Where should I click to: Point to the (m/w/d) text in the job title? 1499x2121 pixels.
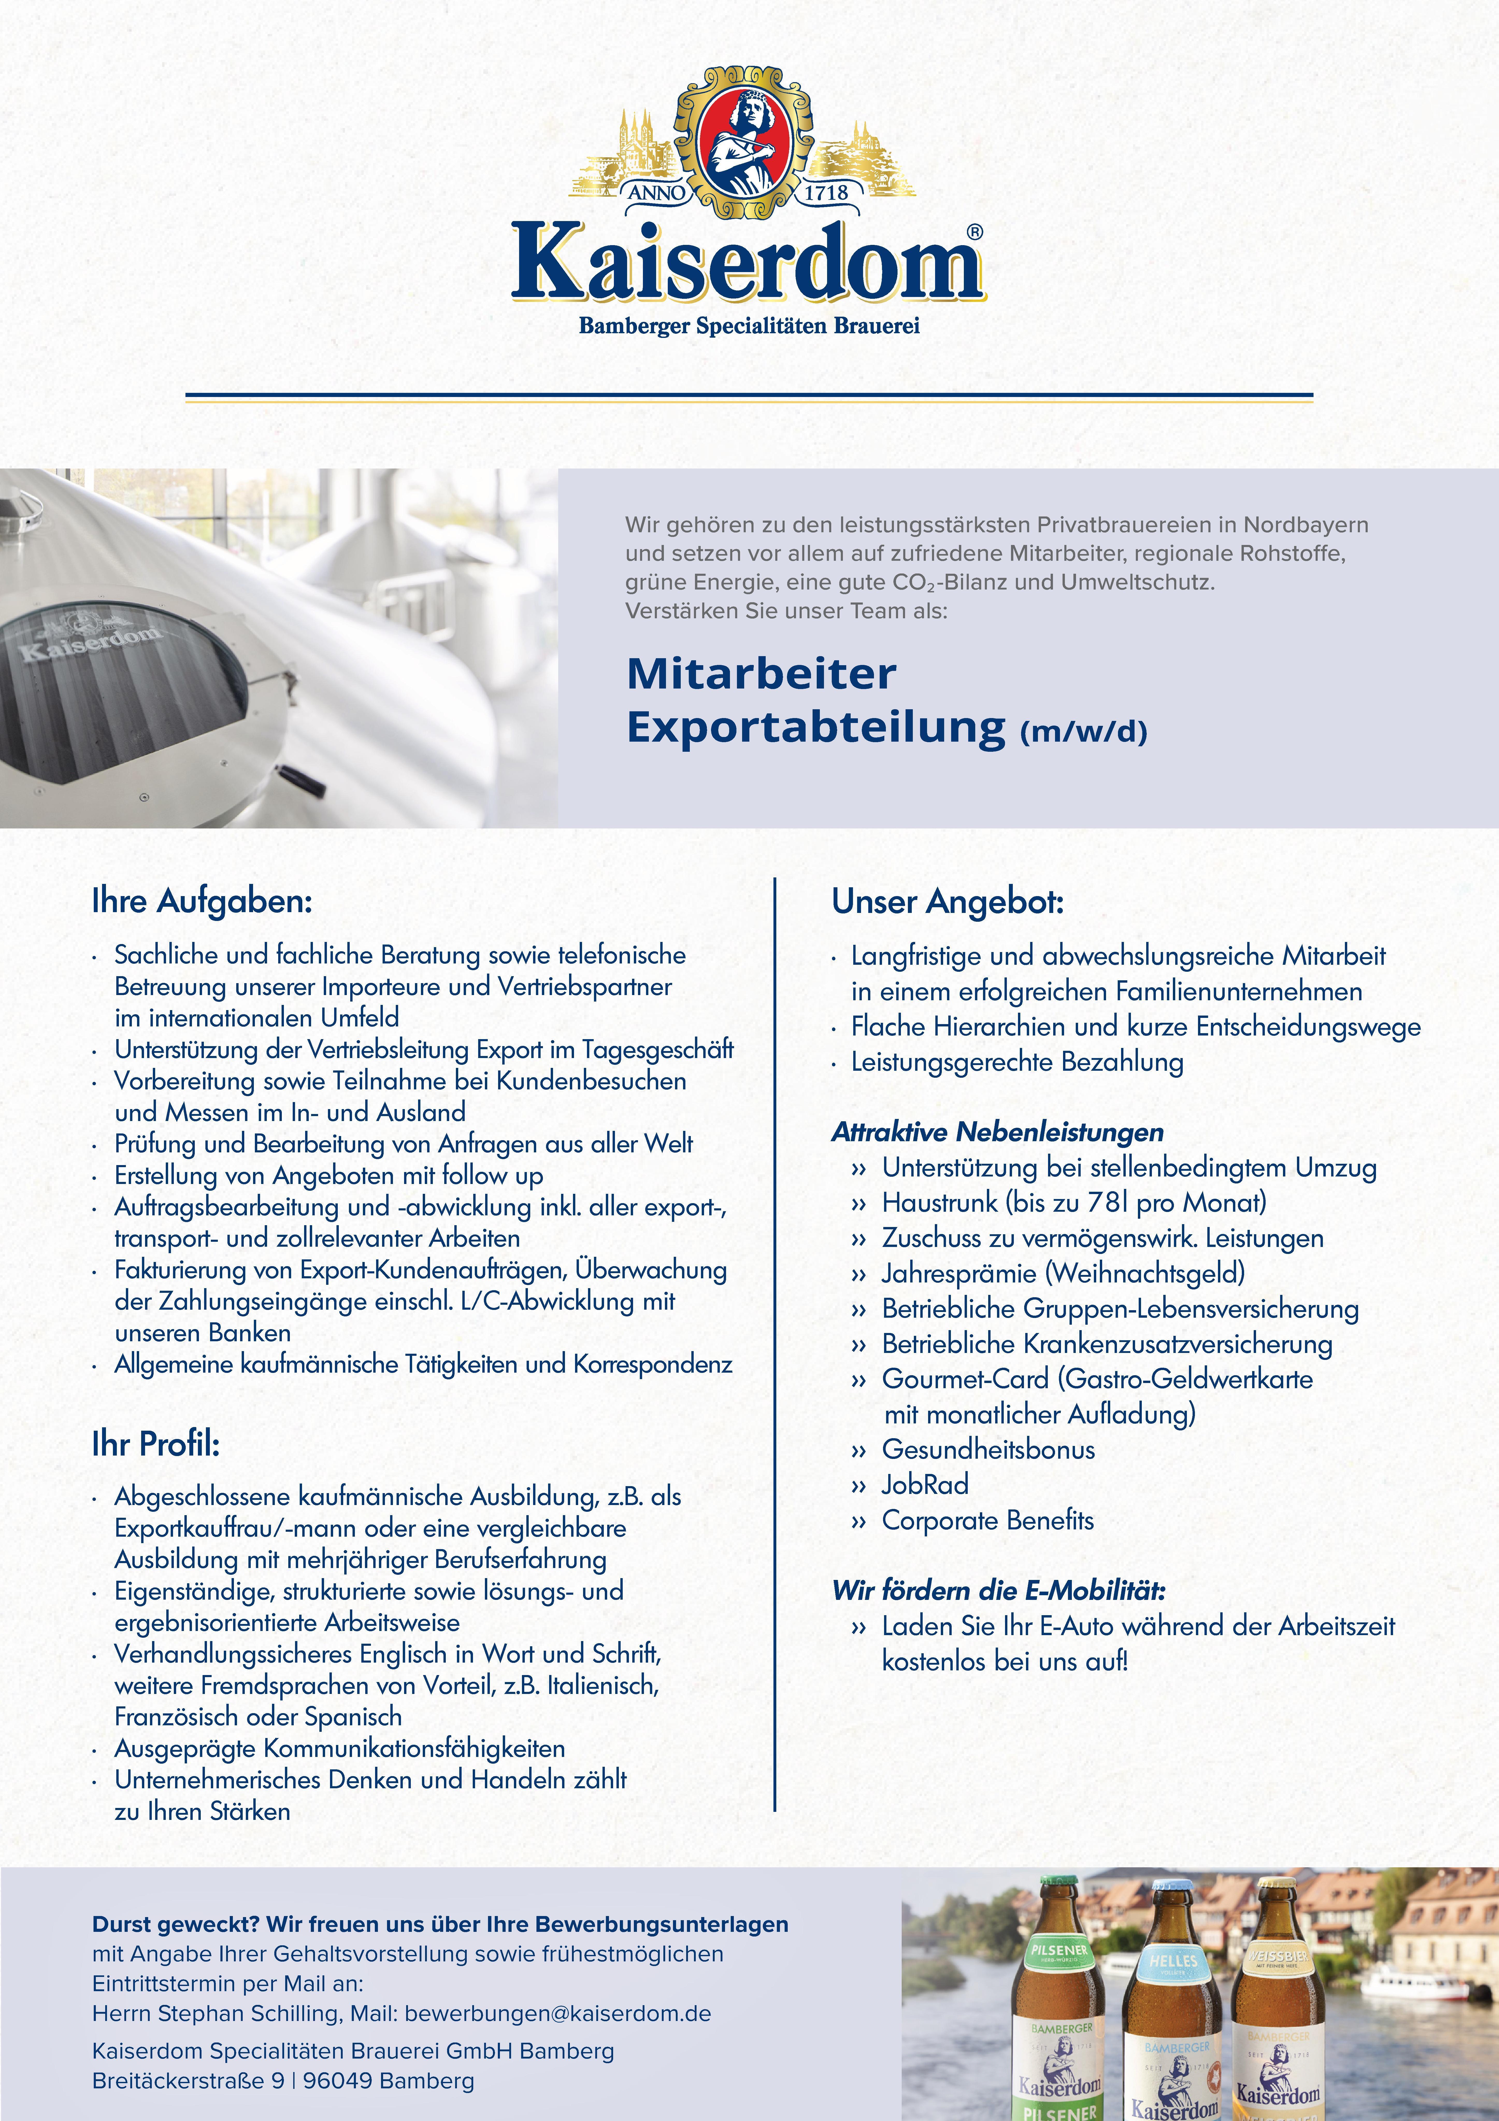click(1083, 733)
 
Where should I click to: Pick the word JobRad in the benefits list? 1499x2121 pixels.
click(926, 1485)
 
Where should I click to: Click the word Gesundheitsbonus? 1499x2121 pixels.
click(988, 1449)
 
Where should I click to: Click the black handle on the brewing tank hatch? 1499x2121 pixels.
click(300, 781)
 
